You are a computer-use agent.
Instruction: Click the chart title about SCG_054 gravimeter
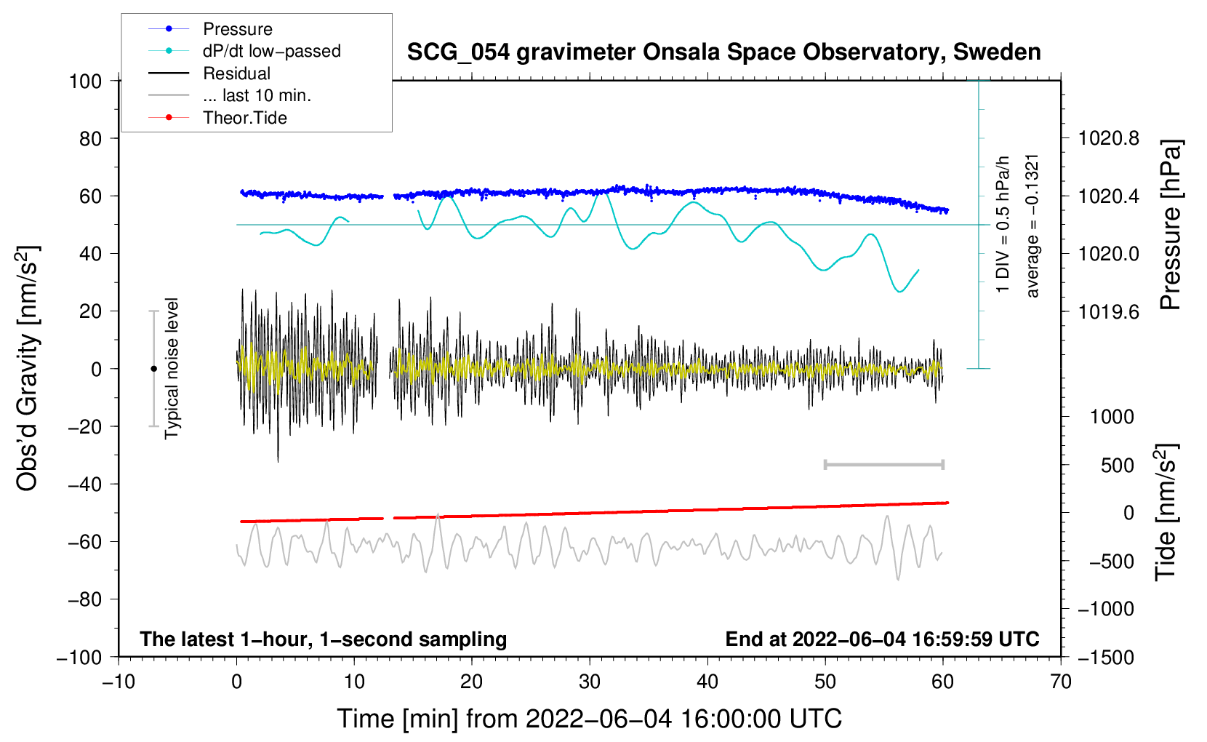[x=723, y=52]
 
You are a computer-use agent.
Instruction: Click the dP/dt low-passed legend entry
[x=271, y=51]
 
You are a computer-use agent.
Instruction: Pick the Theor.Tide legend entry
[x=244, y=118]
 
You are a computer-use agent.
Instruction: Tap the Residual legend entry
[x=236, y=73]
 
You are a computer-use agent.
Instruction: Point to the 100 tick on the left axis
[x=85, y=81]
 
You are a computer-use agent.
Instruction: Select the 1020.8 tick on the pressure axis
[x=1109, y=138]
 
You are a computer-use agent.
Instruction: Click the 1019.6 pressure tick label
[x=1109, y=311]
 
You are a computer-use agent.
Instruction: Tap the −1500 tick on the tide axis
[x=1106, y=657]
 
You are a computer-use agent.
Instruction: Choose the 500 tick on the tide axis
[x=1118, y=465]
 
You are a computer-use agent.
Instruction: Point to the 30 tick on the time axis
[x=590, y=682]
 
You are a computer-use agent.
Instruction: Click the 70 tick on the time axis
[x=1061, y=682]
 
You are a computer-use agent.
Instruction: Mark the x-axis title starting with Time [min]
[x=590, y=719]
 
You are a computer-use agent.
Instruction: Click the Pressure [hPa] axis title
[x=1171, y=226]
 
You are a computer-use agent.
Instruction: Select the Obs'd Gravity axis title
[x=28, y=369]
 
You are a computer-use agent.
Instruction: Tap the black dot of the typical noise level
[x=153, y=369]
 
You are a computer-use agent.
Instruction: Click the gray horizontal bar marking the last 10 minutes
[x=884, y=464]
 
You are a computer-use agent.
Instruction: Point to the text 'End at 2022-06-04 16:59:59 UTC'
[x=882, y=639]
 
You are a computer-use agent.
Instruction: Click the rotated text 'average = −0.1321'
[x=1032, y=226]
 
